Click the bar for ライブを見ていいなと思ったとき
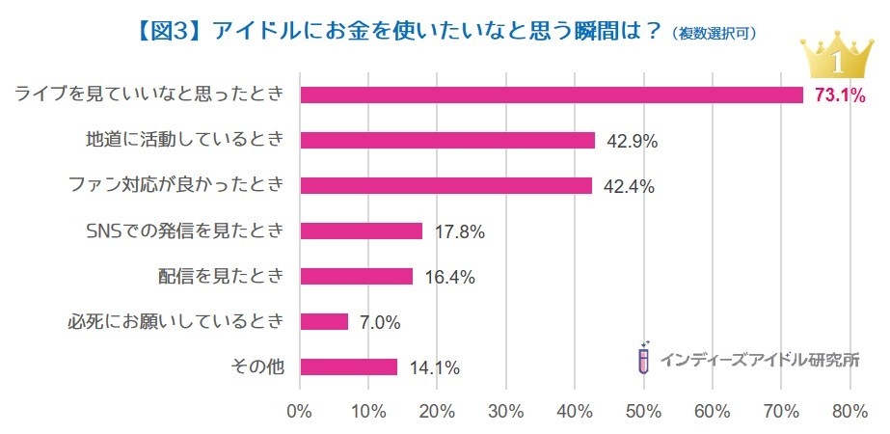point(552,95)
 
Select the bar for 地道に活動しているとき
point(447,140)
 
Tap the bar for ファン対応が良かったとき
point(445,185)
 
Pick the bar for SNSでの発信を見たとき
point(361,231)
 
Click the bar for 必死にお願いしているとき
point(324,321)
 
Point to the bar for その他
point(348,366)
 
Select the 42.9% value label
point(632,141)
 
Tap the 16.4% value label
point(449,277)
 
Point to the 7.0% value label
point(380,322)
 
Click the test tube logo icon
point(643,358)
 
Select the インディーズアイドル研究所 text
point(760,360)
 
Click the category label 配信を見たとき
point(222,276)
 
